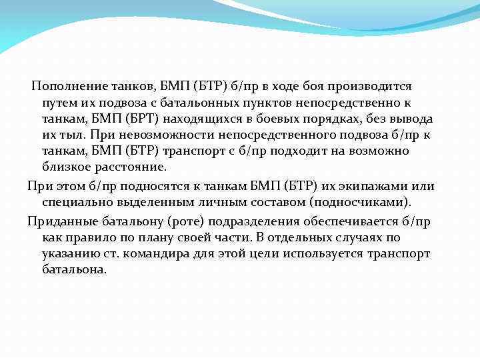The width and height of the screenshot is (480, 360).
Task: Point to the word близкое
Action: click(65, 167)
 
